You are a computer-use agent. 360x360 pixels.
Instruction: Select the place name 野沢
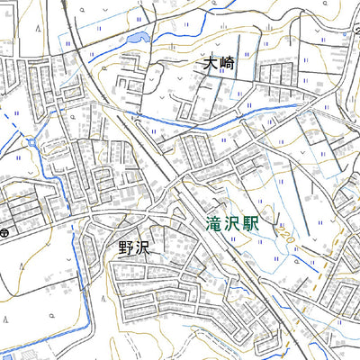[x=132, y=247]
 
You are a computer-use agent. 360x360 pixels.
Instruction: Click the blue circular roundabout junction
[x=33, y=142]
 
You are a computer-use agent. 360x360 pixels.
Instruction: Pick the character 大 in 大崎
[x=210, y=65]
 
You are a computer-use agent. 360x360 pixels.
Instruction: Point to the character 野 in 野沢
[x=123, y=247]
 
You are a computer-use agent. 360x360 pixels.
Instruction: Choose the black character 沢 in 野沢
[x=141, y=247]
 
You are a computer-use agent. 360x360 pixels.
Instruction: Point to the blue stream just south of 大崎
[x=225, y=115]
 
